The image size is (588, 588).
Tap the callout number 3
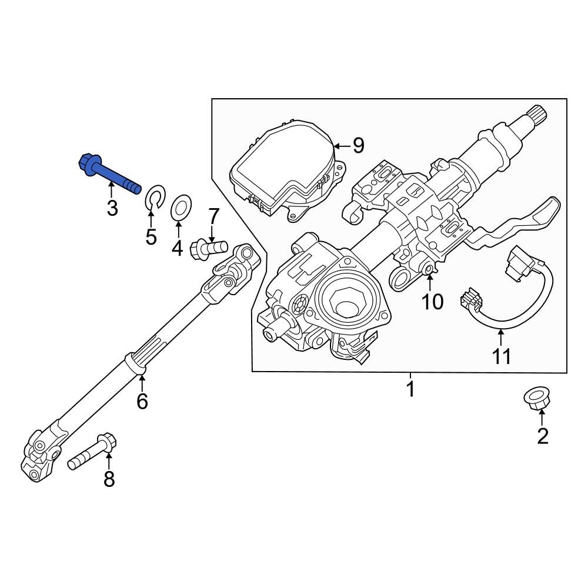112,208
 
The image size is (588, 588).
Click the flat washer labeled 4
181,208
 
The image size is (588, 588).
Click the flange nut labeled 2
535,399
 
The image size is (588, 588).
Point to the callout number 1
410,389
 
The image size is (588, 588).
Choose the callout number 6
142,402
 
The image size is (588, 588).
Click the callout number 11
501,356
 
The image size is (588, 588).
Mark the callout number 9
358,145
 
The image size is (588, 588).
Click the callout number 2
542,436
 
